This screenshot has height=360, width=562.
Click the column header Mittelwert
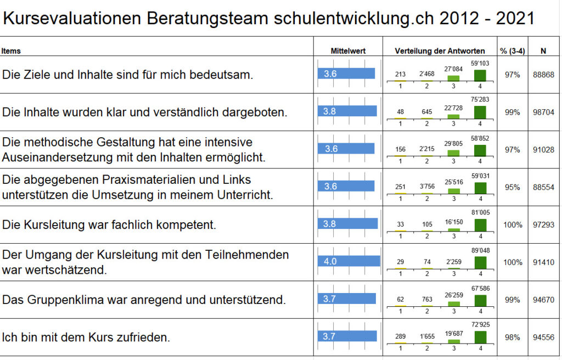348,51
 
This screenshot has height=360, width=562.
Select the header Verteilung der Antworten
440,51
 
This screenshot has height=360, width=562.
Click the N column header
543,51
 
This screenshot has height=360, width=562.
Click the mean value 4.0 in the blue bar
330,262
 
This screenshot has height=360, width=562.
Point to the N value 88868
543,75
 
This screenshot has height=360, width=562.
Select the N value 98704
543,112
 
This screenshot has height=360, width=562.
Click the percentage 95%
512,187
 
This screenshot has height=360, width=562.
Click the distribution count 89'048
480,251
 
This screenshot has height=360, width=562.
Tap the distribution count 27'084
453,69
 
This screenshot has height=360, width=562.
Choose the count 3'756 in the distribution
427,186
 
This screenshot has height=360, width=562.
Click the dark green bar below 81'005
480,225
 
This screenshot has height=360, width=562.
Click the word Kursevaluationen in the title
72,19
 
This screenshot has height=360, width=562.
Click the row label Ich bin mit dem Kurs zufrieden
86,337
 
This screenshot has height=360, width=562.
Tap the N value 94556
543,337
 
